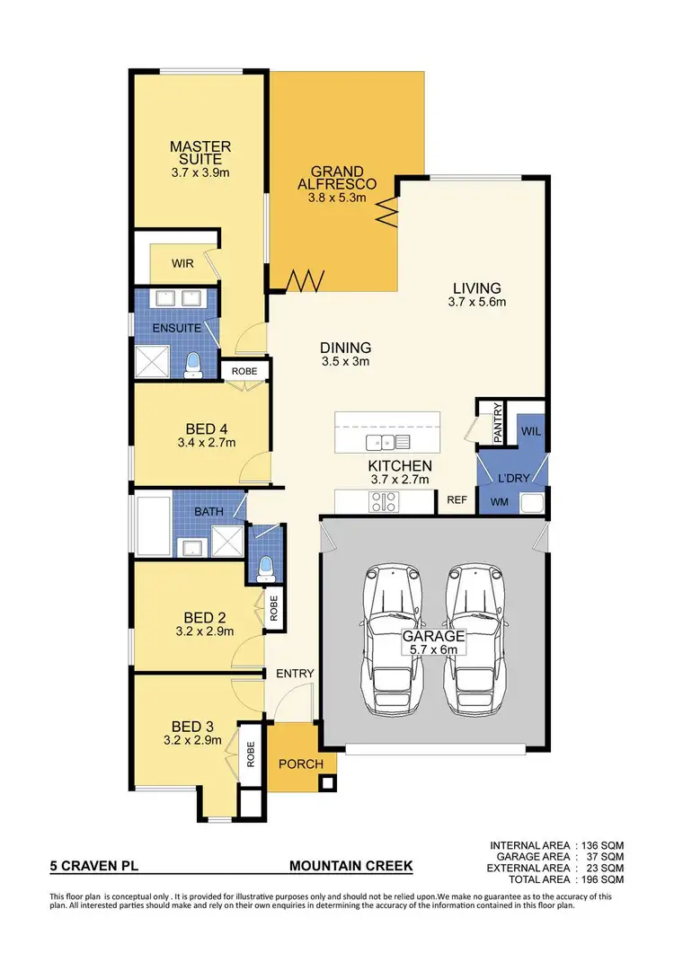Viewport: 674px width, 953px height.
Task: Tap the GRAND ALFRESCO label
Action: [337, 178]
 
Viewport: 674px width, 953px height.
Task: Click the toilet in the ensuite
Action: [192, 362]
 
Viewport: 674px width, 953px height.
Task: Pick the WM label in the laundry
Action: [499, 502]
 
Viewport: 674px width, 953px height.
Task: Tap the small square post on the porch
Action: [324, 781]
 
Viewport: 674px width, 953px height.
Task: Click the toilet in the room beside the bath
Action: [265, 566]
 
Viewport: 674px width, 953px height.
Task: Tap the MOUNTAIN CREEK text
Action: [350, 867]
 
